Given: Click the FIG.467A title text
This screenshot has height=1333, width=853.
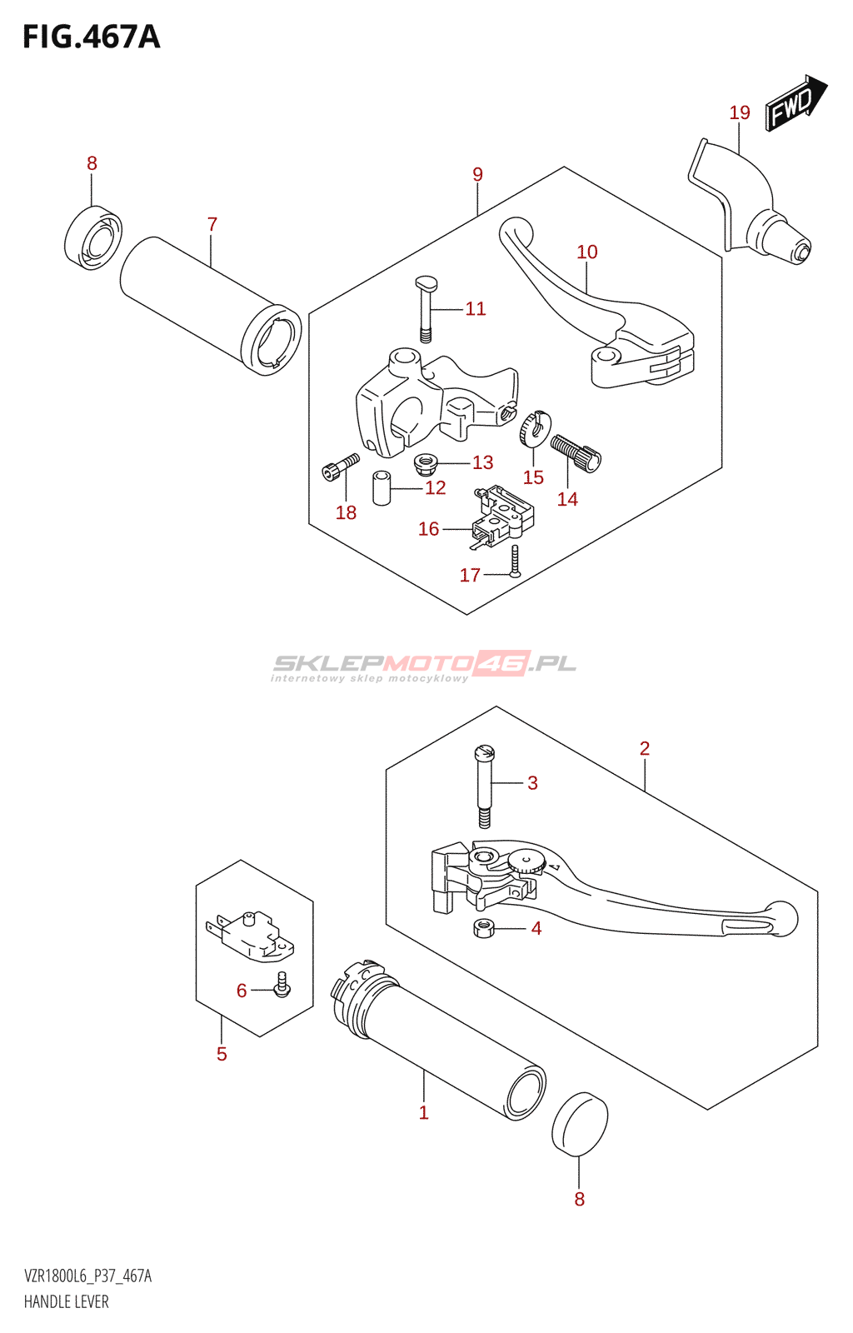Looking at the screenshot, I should pos(91,37).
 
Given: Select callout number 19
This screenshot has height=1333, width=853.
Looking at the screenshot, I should pos(740,112).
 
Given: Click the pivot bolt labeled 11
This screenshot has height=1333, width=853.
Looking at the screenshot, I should pos(426,308).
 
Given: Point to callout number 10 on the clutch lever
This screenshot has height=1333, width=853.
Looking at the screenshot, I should pos(587,252).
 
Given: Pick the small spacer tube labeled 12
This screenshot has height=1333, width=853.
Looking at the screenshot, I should pos(382,488).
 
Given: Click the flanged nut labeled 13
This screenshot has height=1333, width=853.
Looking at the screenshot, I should pos(426,461).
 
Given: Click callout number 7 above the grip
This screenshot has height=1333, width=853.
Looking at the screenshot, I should pos(212,224).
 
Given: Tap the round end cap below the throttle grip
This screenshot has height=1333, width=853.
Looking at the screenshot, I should pos(580,1124).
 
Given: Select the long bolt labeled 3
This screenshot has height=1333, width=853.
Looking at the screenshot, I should pos(484,785).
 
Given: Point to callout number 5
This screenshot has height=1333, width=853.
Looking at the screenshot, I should pos(222,1054).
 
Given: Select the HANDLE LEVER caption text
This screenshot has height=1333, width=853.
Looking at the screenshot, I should pos(67,1302).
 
